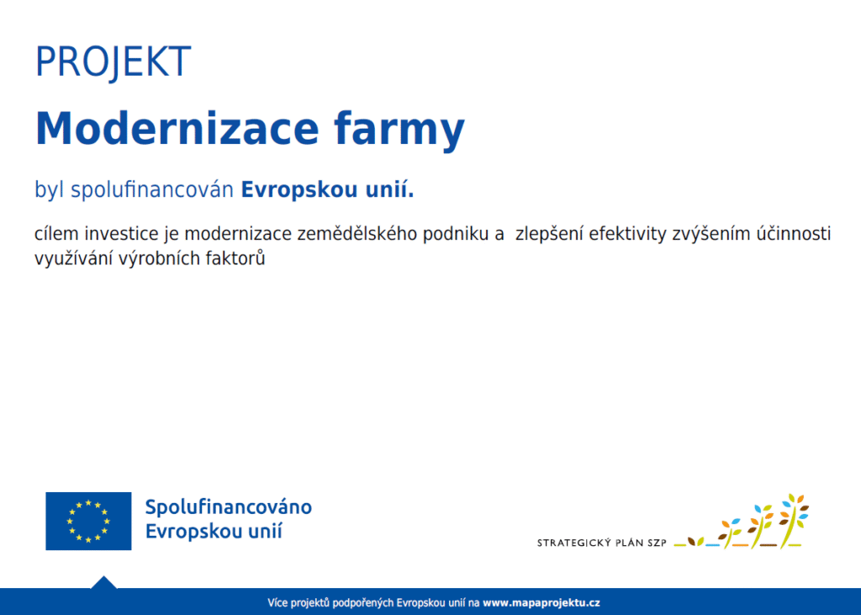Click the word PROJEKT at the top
click(114, 61)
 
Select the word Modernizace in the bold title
click(177, 128)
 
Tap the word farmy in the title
click(399, 130)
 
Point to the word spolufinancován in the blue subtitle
click(152, 189)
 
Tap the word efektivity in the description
click(627, 234)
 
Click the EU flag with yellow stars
click(88, 521)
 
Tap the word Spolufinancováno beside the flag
click(229, 507)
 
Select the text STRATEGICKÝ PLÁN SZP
click(601, 543)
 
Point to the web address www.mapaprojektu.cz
click(541, 602)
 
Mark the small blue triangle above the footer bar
click(103, 582)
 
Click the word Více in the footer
click(277, 602)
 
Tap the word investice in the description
click(121, 234)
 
